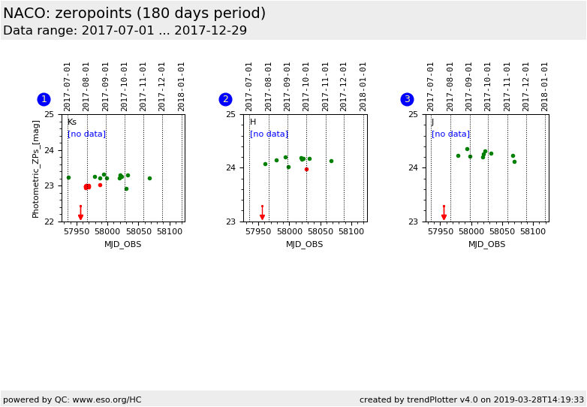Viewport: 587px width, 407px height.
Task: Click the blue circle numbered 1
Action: [44, 99]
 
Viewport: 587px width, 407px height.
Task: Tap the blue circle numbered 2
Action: [225, 99]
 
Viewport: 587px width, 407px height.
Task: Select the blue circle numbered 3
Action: [407, 99]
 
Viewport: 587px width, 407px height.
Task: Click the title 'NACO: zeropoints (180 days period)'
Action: [134, 14]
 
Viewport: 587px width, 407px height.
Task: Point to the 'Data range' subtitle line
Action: [125, 31]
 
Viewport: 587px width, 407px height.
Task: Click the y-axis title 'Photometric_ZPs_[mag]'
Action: [36, 168]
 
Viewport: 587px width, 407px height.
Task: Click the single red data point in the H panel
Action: [306, 169]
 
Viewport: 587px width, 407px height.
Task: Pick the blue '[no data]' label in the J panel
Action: [450, 134]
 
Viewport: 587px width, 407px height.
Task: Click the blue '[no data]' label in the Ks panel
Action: [86, 134]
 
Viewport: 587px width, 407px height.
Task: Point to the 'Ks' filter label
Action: [72, 122]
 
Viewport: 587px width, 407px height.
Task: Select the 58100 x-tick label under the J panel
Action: [533, 232]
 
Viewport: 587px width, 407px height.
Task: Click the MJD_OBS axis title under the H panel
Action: [304, 244]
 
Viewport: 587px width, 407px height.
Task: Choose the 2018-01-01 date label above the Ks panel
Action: [182, 86]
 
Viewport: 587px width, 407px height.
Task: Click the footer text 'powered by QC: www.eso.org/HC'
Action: [72, 399]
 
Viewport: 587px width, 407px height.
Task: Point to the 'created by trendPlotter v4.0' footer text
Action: [471, 399]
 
